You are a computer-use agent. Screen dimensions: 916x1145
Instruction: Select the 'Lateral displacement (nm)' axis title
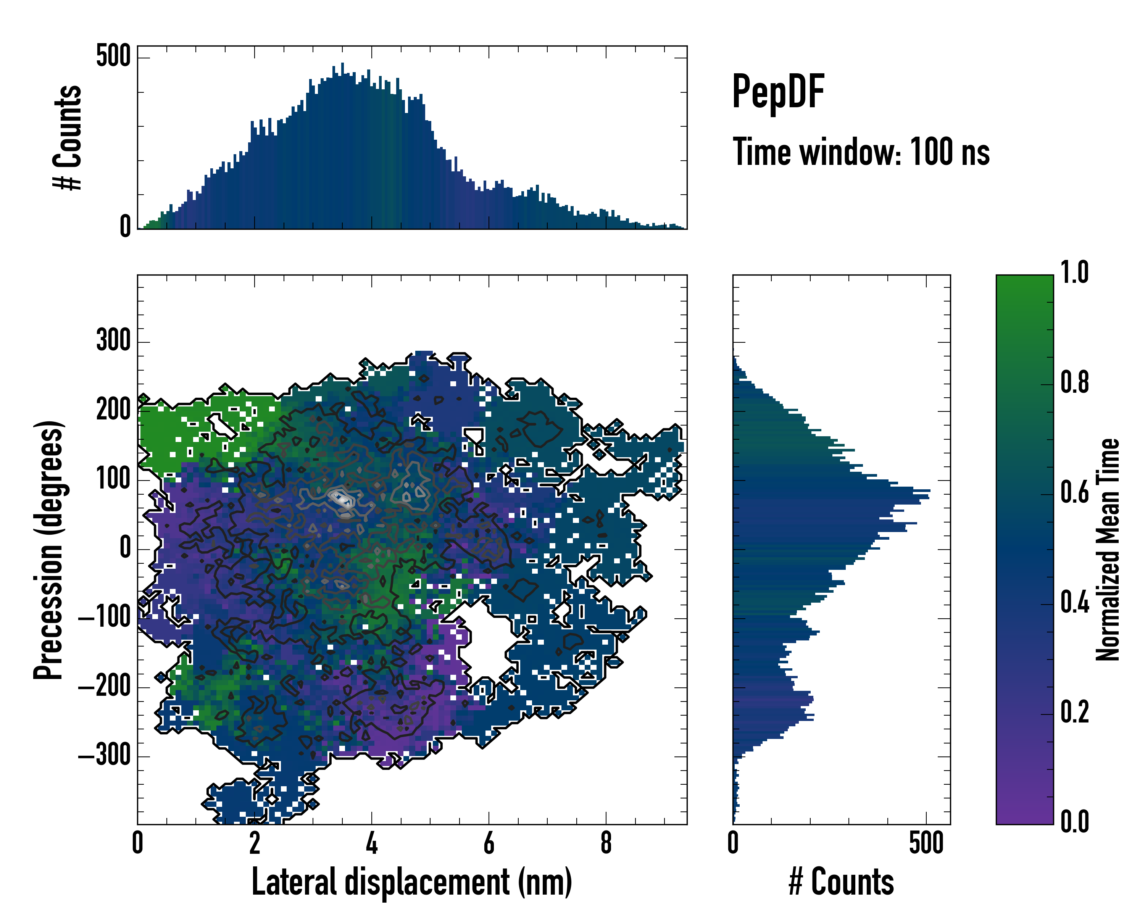coord(411,882)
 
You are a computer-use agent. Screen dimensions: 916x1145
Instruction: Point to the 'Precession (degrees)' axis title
coord(48,550)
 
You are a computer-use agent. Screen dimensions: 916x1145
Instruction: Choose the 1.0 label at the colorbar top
coord(1074,273)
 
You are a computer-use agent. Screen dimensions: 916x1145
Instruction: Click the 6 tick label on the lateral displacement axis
coord(489,843)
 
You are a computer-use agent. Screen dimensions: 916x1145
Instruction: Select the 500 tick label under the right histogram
coord(926,843)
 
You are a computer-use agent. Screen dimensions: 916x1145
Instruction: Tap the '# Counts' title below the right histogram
coord(841,882)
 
